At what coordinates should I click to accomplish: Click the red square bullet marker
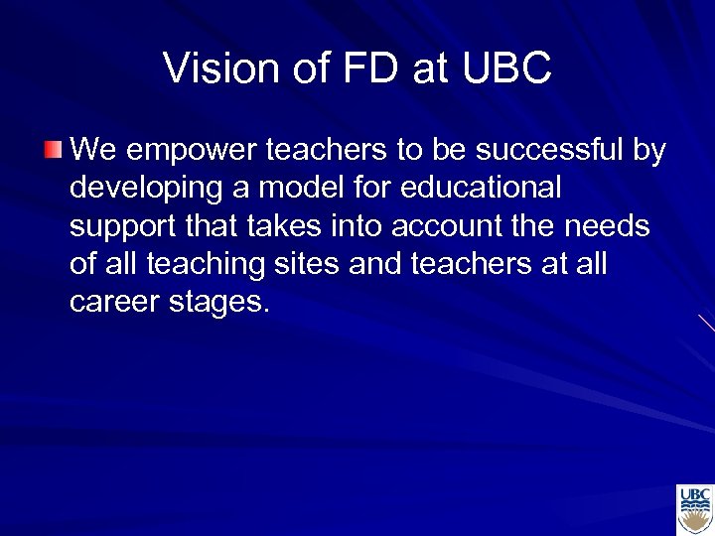coord(54,151)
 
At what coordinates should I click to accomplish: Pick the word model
coord(289,188)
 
